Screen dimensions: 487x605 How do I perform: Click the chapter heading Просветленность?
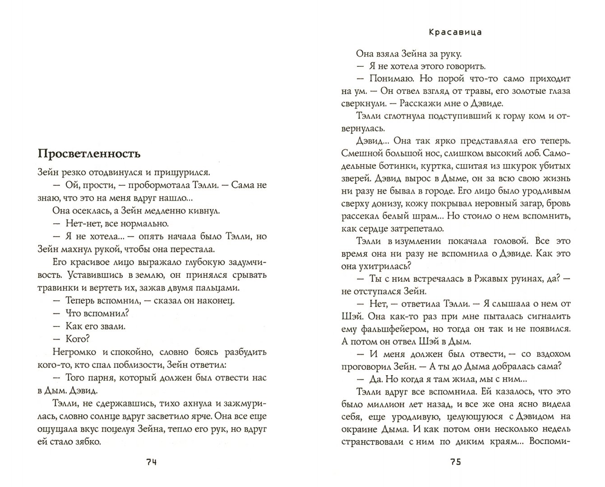click(x=89, y=154)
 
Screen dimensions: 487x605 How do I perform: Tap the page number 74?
click(x=152, y=462)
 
